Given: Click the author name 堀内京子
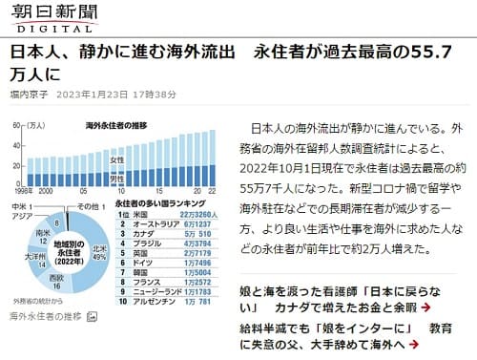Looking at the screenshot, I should tap(31, 94).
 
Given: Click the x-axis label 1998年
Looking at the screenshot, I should tap(17, 192).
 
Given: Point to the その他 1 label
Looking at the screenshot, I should tap(91, 206).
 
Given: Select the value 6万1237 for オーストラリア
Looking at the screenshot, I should tap(196, 224).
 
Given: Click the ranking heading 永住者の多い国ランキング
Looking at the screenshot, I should tap(162, 204).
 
